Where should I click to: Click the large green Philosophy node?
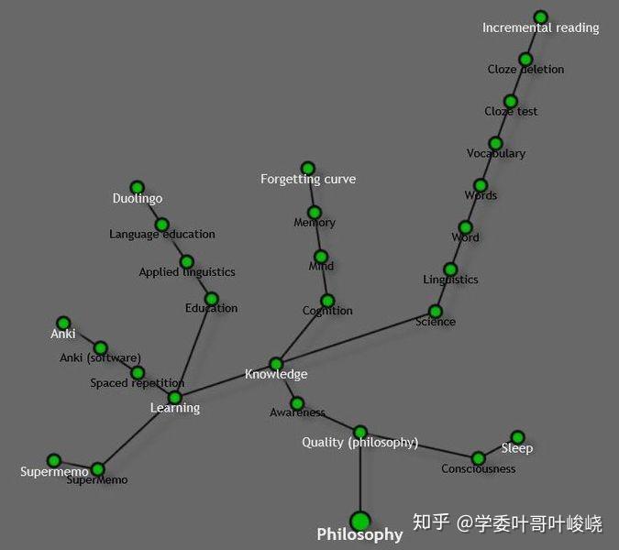[360, 522]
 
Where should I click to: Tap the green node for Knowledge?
[276, 364]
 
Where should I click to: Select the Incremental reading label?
[540, 28]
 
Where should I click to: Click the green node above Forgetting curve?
[308, 169]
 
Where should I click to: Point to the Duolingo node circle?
[138, 188]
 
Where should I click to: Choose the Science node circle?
[436, 312]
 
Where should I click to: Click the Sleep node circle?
[517, 437]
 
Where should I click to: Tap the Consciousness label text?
[478, 469]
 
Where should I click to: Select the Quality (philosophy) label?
[359, 443]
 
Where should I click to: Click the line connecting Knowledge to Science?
[358, 337]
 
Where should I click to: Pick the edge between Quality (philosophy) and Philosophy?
[360, 477]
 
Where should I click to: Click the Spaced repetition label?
[137, 383]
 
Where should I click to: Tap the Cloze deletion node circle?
[525, 60]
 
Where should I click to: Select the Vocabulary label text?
[495, 154]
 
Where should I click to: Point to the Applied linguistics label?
[187, 272]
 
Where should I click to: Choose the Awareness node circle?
[297, 402]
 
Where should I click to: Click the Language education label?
[162, 235]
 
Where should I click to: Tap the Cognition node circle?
[327, 301]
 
